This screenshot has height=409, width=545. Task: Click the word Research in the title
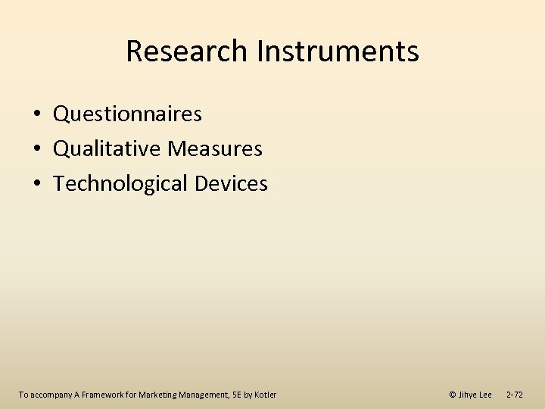tap(187, 52)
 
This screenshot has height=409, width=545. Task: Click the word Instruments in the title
tap(338, 52)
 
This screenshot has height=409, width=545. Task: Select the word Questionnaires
tap(127, 114)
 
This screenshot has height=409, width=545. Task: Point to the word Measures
tap(215, 149)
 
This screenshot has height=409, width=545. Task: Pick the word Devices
tap(231, 184)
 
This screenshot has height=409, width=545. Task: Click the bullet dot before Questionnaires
tap(36, 115)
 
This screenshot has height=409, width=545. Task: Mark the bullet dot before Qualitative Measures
tap(36, 150)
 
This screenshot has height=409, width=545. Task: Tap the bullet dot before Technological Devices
tap(36, 185)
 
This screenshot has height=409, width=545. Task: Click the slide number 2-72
tap(514, 395)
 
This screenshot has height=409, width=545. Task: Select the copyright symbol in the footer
tap(452, 395)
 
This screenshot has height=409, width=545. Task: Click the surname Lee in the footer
tap(485, 395)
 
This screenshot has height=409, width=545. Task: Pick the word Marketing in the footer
tap(157, 395)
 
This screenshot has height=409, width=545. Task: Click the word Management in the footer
tap(202, 395)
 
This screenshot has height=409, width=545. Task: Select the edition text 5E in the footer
tap(235, 395)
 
